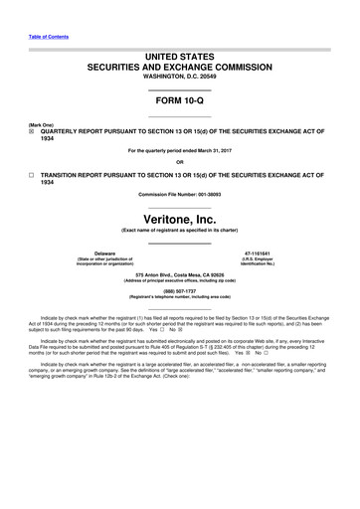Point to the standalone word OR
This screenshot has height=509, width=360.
click(x=179, y=162)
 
